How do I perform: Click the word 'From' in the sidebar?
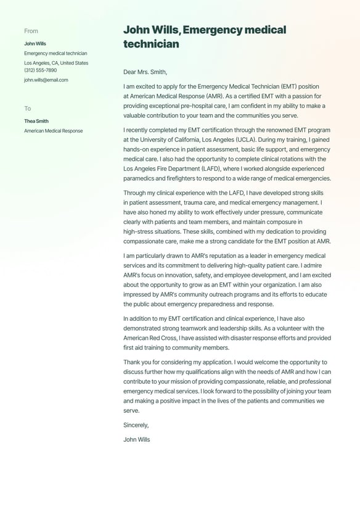(31, 31)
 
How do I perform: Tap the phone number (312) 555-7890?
(40, 70)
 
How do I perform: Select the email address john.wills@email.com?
(46, 80)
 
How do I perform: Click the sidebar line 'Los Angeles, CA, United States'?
(56, 63)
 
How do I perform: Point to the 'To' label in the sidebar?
(28, 109)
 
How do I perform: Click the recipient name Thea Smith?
(36, 121)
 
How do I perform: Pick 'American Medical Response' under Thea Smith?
(54, 131)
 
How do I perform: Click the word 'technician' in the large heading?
(151, 44)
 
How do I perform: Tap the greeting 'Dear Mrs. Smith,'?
(145, 72)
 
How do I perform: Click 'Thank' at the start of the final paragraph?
(132, 362)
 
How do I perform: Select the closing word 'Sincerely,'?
(136, 425)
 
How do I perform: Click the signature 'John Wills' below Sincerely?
(137, 440)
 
